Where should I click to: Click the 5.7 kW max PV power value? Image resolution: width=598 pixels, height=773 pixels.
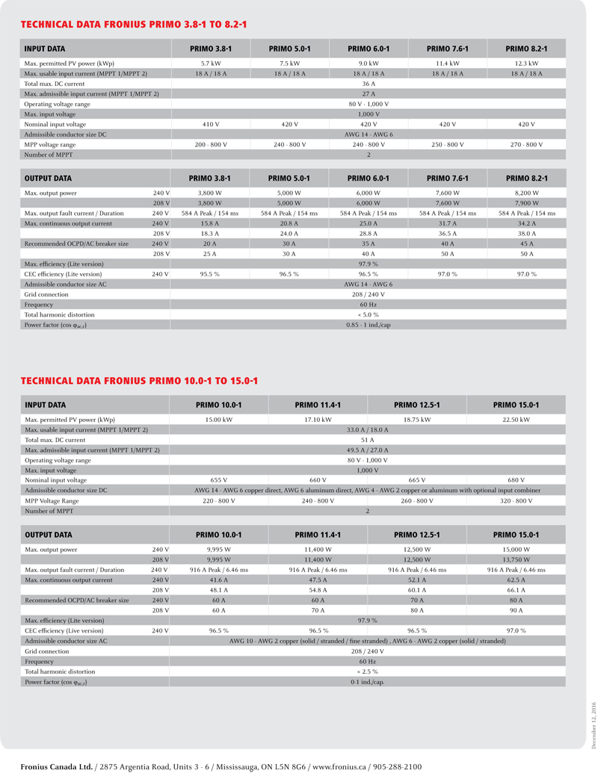[211, 63]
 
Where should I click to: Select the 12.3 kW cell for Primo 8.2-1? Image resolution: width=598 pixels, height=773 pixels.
[526, 63]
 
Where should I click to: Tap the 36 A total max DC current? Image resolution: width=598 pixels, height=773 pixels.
[369, 84]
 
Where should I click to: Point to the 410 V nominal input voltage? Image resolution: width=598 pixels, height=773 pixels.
[211, 124]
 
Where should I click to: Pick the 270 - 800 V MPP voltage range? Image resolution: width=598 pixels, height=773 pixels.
[526, 144]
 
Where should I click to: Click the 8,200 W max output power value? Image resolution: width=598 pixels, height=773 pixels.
[526, 193]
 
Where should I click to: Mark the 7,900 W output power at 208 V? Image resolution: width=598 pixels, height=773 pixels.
[526, 203]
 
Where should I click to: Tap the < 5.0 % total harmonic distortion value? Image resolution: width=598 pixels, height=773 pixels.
[369, 314]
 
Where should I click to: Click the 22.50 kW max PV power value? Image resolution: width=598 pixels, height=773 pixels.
[516, 420]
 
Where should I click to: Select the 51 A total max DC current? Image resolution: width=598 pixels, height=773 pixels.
[368, 440]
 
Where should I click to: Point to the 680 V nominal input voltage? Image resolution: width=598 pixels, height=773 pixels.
[516, 480]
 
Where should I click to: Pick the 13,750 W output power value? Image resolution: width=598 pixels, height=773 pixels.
[516, 559]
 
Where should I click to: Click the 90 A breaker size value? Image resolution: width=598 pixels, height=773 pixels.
[516, 610]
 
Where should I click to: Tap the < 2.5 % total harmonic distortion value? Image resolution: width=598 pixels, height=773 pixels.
[368, 671]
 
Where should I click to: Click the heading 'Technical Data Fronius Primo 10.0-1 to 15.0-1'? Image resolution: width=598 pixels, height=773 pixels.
[139, 381]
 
